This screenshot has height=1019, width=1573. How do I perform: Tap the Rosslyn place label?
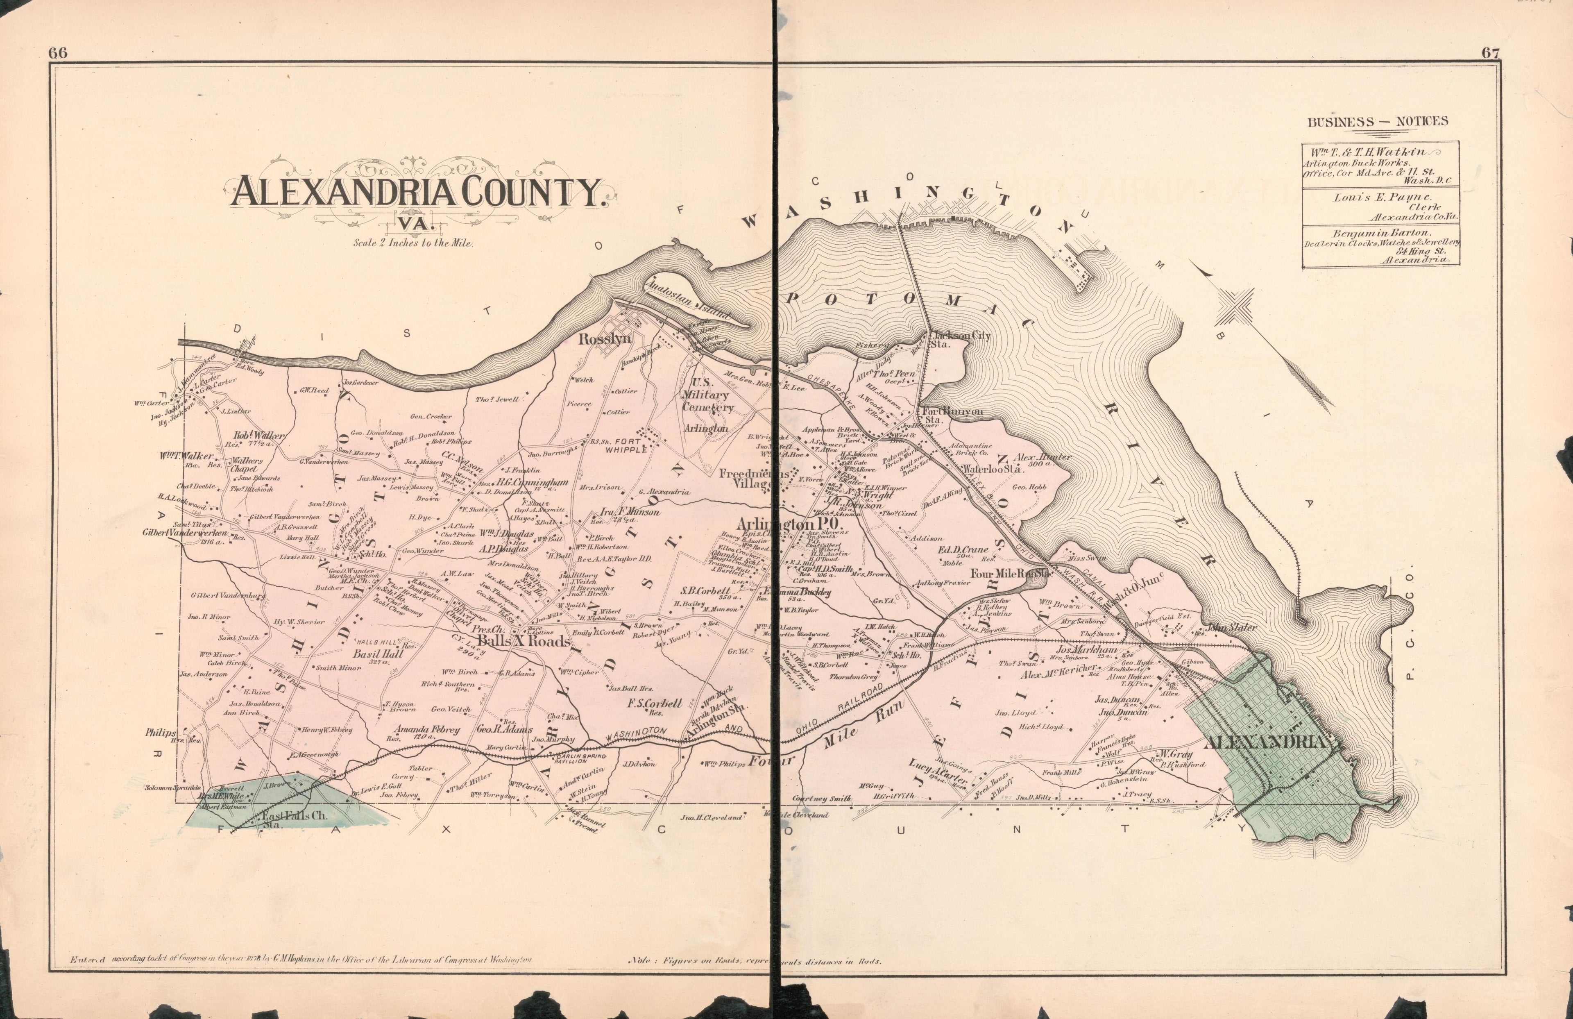605,339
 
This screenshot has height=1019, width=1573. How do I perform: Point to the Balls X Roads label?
524,641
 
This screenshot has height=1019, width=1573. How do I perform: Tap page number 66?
58,54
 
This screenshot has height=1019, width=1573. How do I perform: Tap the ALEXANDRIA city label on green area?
1266,742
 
